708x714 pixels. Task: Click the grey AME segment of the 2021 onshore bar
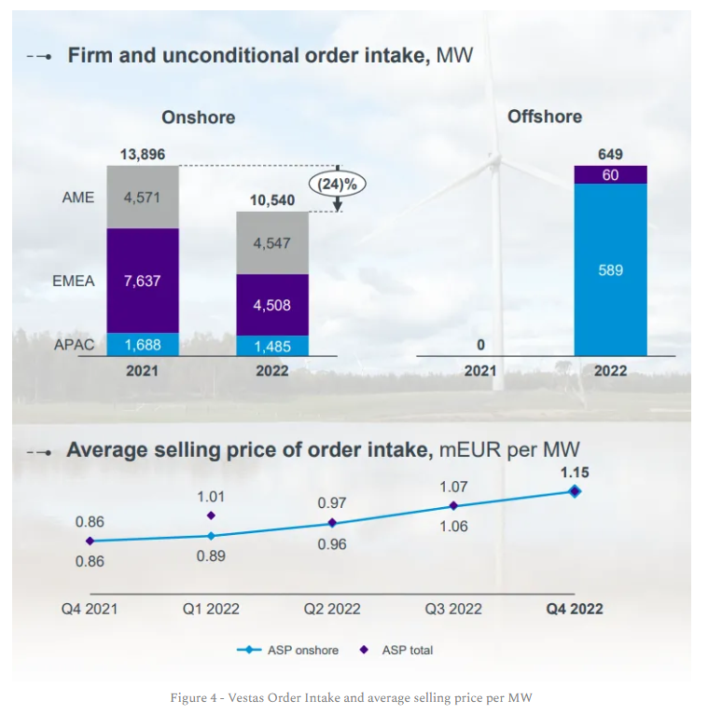click(x=142, y=197)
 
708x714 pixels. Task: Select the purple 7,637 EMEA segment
click(x=142, y=280)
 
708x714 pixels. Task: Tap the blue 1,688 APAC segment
click(x=142, y=345)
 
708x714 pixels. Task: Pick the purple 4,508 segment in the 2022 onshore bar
click(x=271, y=305)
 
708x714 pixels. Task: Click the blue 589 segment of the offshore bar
click(x=611, y=269)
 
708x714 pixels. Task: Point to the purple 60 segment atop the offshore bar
click(x=611, y=174)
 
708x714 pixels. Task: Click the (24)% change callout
click(x=338, y=184)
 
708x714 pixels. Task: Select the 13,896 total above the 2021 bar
click(x=142, y=155)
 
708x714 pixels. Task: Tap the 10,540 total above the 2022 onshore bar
click(x=271, y=200)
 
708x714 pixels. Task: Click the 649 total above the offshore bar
click(x=611, y=155)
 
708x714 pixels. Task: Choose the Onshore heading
click(x=198, y=117)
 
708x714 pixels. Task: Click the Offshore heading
click(x=544, y=117)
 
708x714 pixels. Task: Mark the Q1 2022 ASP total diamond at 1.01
click(x=211, y=515)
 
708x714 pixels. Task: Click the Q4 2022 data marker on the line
click(x=575, y=491)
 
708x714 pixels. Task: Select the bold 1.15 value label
click(x=575, y=473)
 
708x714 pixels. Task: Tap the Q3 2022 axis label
click(x=453, y=609)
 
